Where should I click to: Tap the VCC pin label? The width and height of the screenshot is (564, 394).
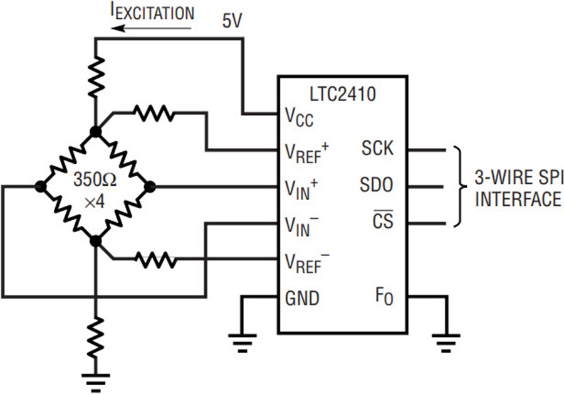(x=300, y=116)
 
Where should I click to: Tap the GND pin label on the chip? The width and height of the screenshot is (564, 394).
(x=302, y=297)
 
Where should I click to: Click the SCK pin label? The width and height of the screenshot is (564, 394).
(x=377, y=149)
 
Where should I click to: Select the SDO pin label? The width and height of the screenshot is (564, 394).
(x=377, y=186)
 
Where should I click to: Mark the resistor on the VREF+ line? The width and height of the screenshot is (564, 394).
(x=154, y=114)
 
